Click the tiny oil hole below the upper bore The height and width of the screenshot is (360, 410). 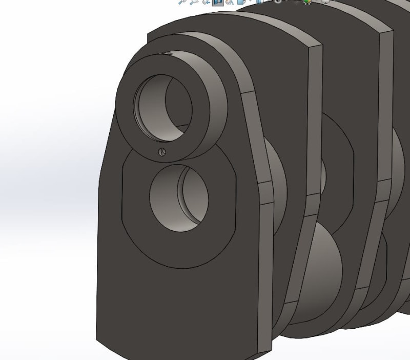pyautogui.click(x=161, y=151)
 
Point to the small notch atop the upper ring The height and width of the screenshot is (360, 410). pyautogui.click(x=167, y=53)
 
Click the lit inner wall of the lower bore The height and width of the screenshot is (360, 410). pyautogui.click(x=197, y=197)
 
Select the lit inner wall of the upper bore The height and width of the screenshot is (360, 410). pyautogui.click(x=177, y=103)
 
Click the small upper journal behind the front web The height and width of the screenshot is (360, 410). pyautogui.click(x=277, y=169)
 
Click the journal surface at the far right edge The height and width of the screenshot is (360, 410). pyautogui.click(x=402, y=154)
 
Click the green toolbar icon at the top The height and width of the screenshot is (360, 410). pyautogui.click(x=307, y=2)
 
